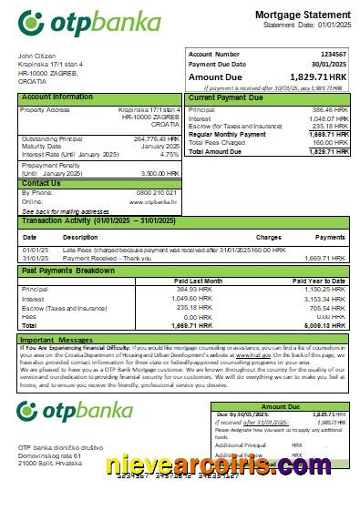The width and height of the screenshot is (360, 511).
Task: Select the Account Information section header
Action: click(57, 97)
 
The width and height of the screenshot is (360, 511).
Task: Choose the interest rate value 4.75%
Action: click(170, 155)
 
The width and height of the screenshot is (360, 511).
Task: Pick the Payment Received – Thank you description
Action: click(102, 258)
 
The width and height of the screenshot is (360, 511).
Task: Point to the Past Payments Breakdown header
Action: click(68, 271)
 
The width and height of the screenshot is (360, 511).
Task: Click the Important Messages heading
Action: click(57, 340)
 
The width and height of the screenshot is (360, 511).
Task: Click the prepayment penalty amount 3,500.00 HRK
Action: click(159, 172)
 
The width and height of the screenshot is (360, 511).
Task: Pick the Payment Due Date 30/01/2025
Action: click(331, 65)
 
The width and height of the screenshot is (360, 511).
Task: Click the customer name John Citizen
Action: click(36, 56)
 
